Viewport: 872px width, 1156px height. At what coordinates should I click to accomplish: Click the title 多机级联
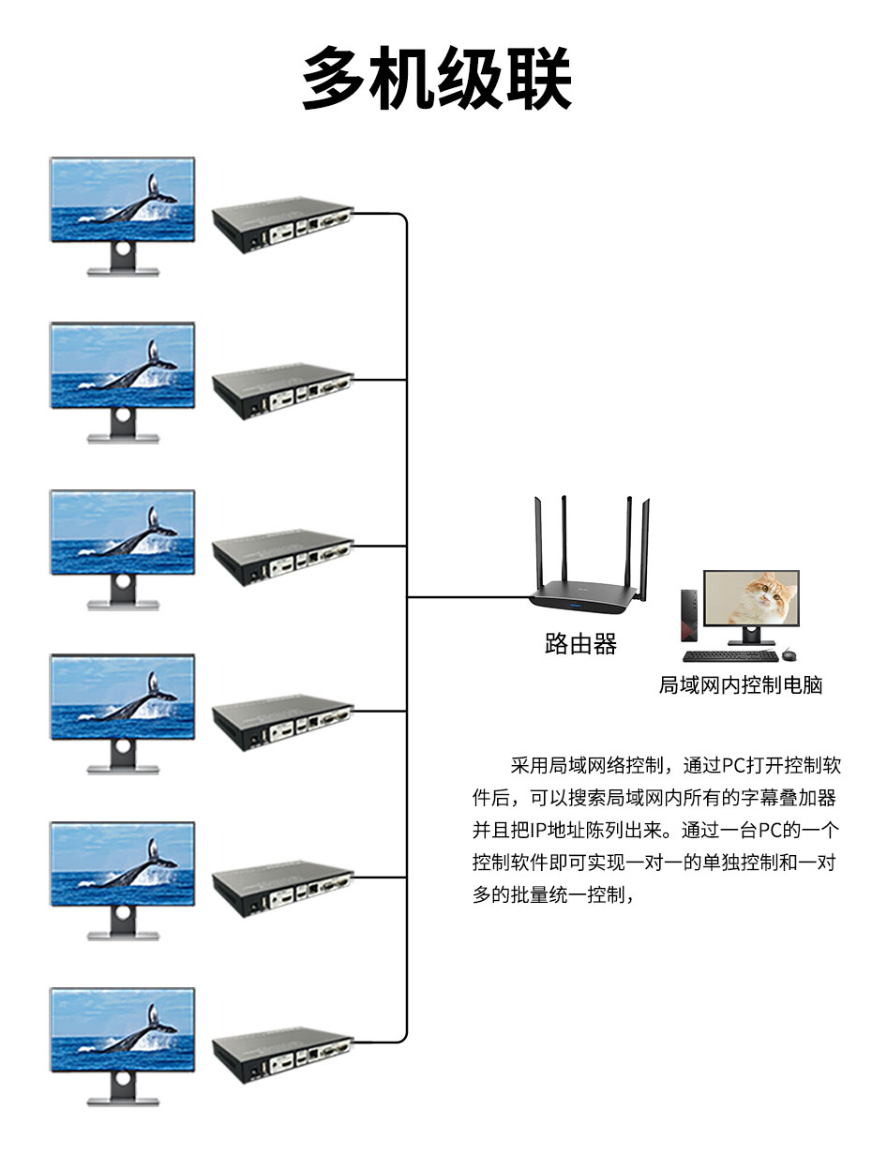(436, 79)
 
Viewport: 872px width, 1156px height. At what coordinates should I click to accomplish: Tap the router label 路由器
(580, 644)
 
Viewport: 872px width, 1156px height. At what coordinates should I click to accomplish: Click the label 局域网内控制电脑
(740, 685)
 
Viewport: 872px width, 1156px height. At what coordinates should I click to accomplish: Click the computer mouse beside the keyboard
(789, 654)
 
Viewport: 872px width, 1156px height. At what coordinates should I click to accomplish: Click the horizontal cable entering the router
(469, 596)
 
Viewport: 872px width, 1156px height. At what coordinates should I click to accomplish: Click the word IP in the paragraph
(538, 830)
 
